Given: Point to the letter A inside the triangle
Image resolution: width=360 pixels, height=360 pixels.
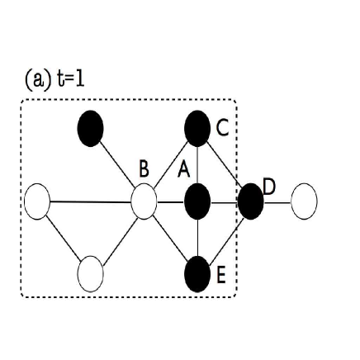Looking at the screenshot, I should (183, 169).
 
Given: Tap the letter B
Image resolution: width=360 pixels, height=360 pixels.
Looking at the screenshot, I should (144, 168).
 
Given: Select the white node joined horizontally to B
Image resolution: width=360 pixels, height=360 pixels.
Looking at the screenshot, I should (37, 201).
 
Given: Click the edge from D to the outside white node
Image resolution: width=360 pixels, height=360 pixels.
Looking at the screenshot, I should (277, 200).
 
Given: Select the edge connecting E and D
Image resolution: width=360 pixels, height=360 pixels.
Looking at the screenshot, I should (225, 236).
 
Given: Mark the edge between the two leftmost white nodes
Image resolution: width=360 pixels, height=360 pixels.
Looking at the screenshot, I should (64, 237).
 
